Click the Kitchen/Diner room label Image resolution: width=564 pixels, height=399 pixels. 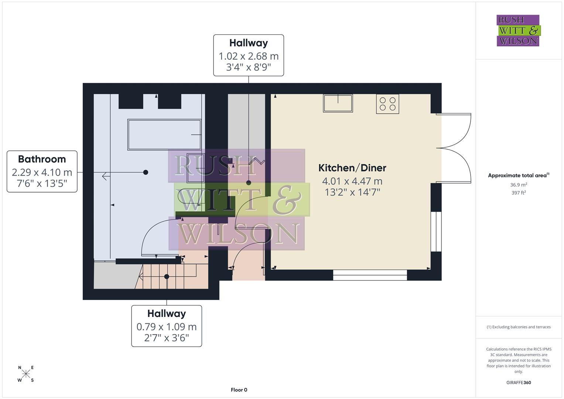pos(352,168)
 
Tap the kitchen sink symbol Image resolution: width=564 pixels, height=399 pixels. pos(338,103)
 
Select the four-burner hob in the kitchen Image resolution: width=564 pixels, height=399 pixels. pos(387,104)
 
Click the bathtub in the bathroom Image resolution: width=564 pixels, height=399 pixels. pos(164,134)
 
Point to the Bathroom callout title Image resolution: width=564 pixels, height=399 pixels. pos(42,159)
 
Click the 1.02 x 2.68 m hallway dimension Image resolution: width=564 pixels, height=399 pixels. pos(248,56)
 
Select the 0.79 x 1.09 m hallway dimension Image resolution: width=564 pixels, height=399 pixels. pos(167,327)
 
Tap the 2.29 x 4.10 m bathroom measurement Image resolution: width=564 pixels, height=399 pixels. pos(42,172)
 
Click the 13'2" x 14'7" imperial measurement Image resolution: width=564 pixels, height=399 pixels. pos(352,192)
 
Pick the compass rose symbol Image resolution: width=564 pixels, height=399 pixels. pos(26,374)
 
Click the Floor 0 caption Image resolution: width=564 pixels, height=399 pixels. pos(239,390)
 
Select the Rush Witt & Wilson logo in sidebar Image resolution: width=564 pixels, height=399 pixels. pos(518,31)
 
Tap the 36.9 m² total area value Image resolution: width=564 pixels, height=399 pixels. pos(519,185)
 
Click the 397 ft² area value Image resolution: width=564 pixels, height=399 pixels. pos(519,192)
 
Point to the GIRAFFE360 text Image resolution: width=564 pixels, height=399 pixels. pos(519,382)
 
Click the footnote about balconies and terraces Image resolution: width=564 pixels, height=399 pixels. pos(519,327)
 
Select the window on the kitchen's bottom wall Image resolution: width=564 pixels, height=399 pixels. pos(370,275)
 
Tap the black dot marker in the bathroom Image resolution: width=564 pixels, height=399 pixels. pos(146,172)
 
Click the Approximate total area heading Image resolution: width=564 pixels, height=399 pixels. pos(518,175)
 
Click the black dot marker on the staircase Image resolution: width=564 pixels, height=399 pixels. pos(167,276)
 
